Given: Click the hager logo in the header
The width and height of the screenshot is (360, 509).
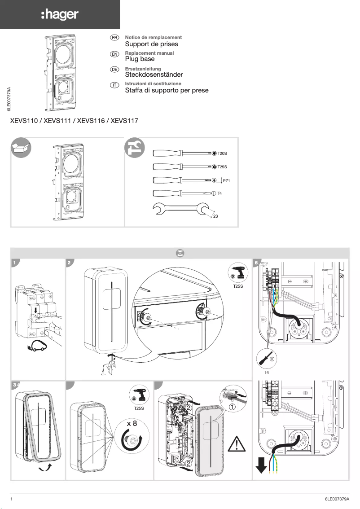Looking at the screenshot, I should point(60,15).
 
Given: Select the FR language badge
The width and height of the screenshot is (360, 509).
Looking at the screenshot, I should point(114,38).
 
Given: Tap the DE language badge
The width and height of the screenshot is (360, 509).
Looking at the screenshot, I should point(114,69).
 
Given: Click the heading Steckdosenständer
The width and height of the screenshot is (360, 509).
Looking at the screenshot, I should point(154,75).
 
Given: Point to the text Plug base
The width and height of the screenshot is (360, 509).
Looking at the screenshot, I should point(140,59).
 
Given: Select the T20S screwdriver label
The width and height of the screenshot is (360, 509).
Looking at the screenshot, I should point(222,154).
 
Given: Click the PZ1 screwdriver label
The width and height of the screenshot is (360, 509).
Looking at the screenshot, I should point(226,180).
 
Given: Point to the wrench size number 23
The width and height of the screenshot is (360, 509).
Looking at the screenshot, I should point(215,217).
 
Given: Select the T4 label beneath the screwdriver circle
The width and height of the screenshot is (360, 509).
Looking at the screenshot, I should point(266,373).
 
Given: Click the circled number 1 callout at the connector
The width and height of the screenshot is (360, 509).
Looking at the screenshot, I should point(233,407).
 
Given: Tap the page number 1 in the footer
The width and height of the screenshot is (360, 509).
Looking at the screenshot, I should point(11,499).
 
